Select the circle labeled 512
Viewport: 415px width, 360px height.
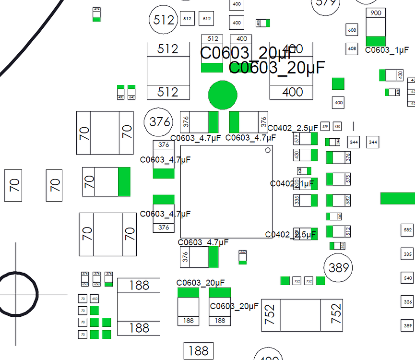(x=164, y=20)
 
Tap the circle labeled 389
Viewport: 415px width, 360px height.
(x=338, y=268)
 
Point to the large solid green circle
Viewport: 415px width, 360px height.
(x=223, y=95)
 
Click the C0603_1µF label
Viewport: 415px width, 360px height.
(x=387, y=50)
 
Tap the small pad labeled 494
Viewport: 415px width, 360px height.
(x=97, y=10)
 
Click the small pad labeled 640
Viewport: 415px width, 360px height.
(x=131, y=96)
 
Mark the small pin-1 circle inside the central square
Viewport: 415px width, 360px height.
(x=268, y=150)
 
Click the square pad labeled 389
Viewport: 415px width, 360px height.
(x=408, y=325)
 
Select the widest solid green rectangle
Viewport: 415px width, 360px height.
(x=398, y=198)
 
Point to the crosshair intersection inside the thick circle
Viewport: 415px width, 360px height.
(x=16, y=293)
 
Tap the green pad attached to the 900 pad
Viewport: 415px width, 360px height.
(x=376, y=41)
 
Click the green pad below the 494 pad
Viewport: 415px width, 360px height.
(x=97, y=18)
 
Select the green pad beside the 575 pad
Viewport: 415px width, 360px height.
(x=330, y=179)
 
